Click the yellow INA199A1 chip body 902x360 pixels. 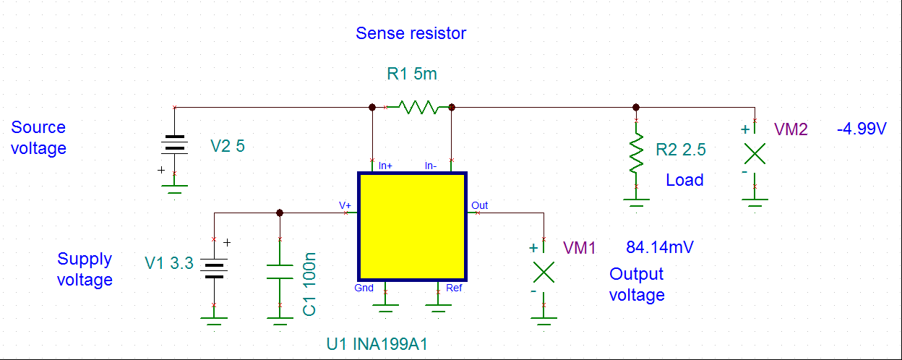tap(413, 226)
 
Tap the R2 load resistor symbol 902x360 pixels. tap(636, 152)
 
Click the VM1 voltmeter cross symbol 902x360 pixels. tap(544, 272)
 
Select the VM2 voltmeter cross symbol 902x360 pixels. tap(755, 153)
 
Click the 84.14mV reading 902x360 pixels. tap(661, 247)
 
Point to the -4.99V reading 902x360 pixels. tap(861, 129)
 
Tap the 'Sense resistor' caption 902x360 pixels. tap(411, 33)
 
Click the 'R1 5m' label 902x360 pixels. tap(412, 74)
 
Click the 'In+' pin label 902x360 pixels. tap(385, 166)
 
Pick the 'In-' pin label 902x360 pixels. tap(431, 166)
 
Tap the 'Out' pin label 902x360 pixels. tap(479, 205)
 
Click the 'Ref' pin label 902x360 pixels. tap(454, 288)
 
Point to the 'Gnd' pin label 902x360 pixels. tap(364, 288)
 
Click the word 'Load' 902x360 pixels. tap(684, 179)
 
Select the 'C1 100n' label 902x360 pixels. tap(309, 283)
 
